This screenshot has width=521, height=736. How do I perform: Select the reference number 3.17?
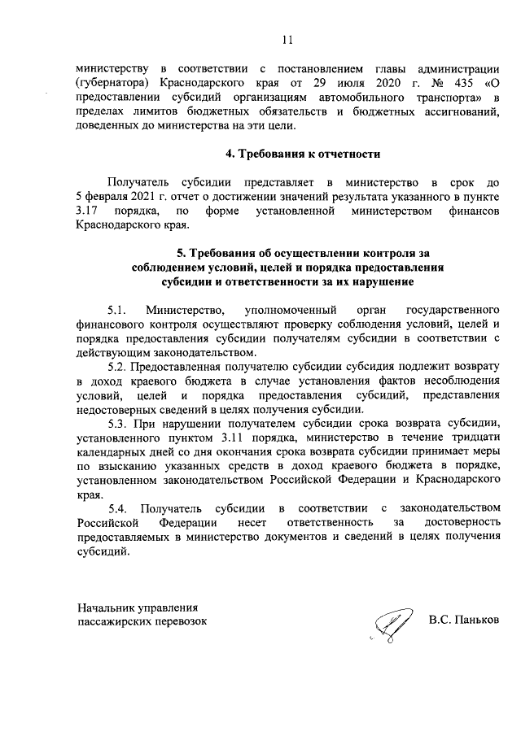(x=89, y=211)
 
